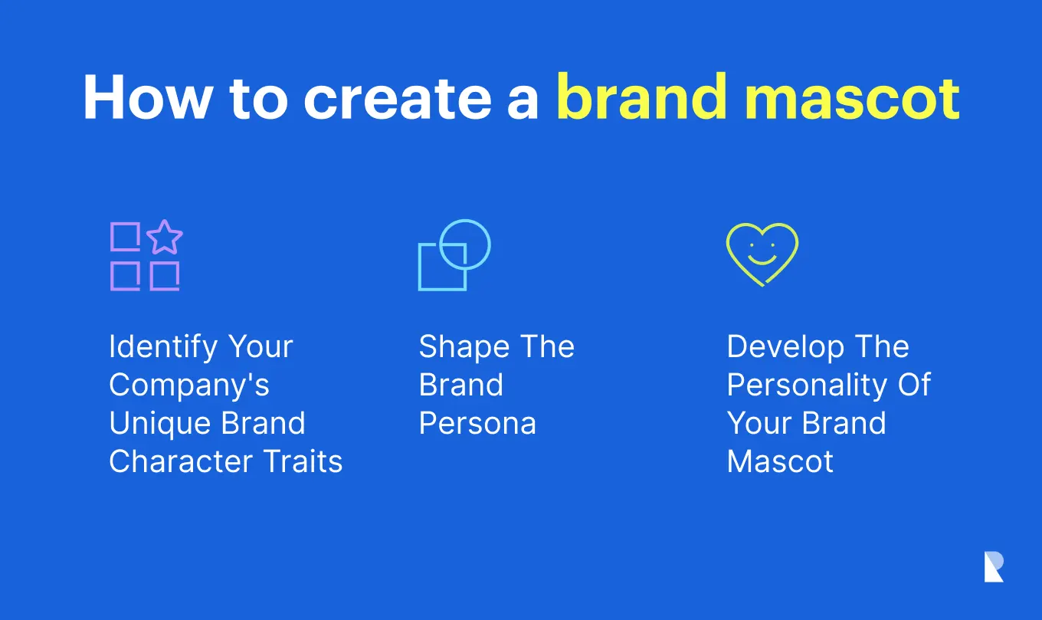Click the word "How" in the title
147,98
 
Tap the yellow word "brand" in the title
641,97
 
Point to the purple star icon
165,238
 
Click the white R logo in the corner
994,567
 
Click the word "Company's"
189,385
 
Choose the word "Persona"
478,424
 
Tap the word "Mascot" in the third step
780,461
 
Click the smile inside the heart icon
762,260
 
